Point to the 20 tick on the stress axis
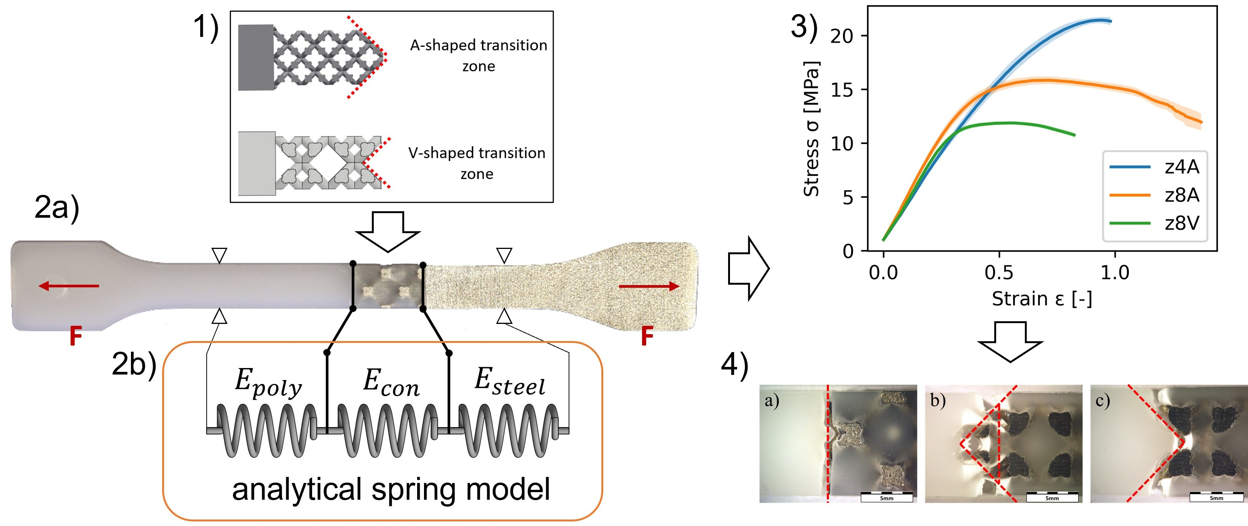click(x=842, y=36)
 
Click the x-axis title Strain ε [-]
click(x=1042, y=299)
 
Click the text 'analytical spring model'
click(x=390, y=489)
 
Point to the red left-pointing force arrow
click(x=69, y=286)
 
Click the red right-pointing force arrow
click(x=649, y=287)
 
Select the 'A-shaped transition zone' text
click(x=478, y=55)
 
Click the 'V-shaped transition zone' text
click(x=477, y=163)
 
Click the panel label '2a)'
click(x=57, y=208)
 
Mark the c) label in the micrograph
click(x=1103, y=400)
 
